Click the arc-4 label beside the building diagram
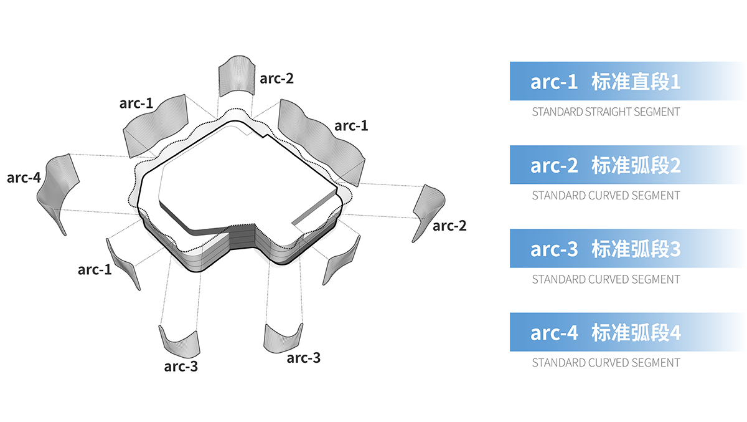tap(24, 178)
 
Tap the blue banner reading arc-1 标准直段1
tap(627, 81)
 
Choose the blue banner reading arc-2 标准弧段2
tap(627, 165)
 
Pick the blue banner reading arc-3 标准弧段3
tap(627, 248)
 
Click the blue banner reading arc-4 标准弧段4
tap(627, 332)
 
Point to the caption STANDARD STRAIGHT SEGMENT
tap(606, 112)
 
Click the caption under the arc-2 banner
tap(606, 196)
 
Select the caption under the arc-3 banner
tap(606, 279)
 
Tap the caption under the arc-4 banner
tap(606, 363)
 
